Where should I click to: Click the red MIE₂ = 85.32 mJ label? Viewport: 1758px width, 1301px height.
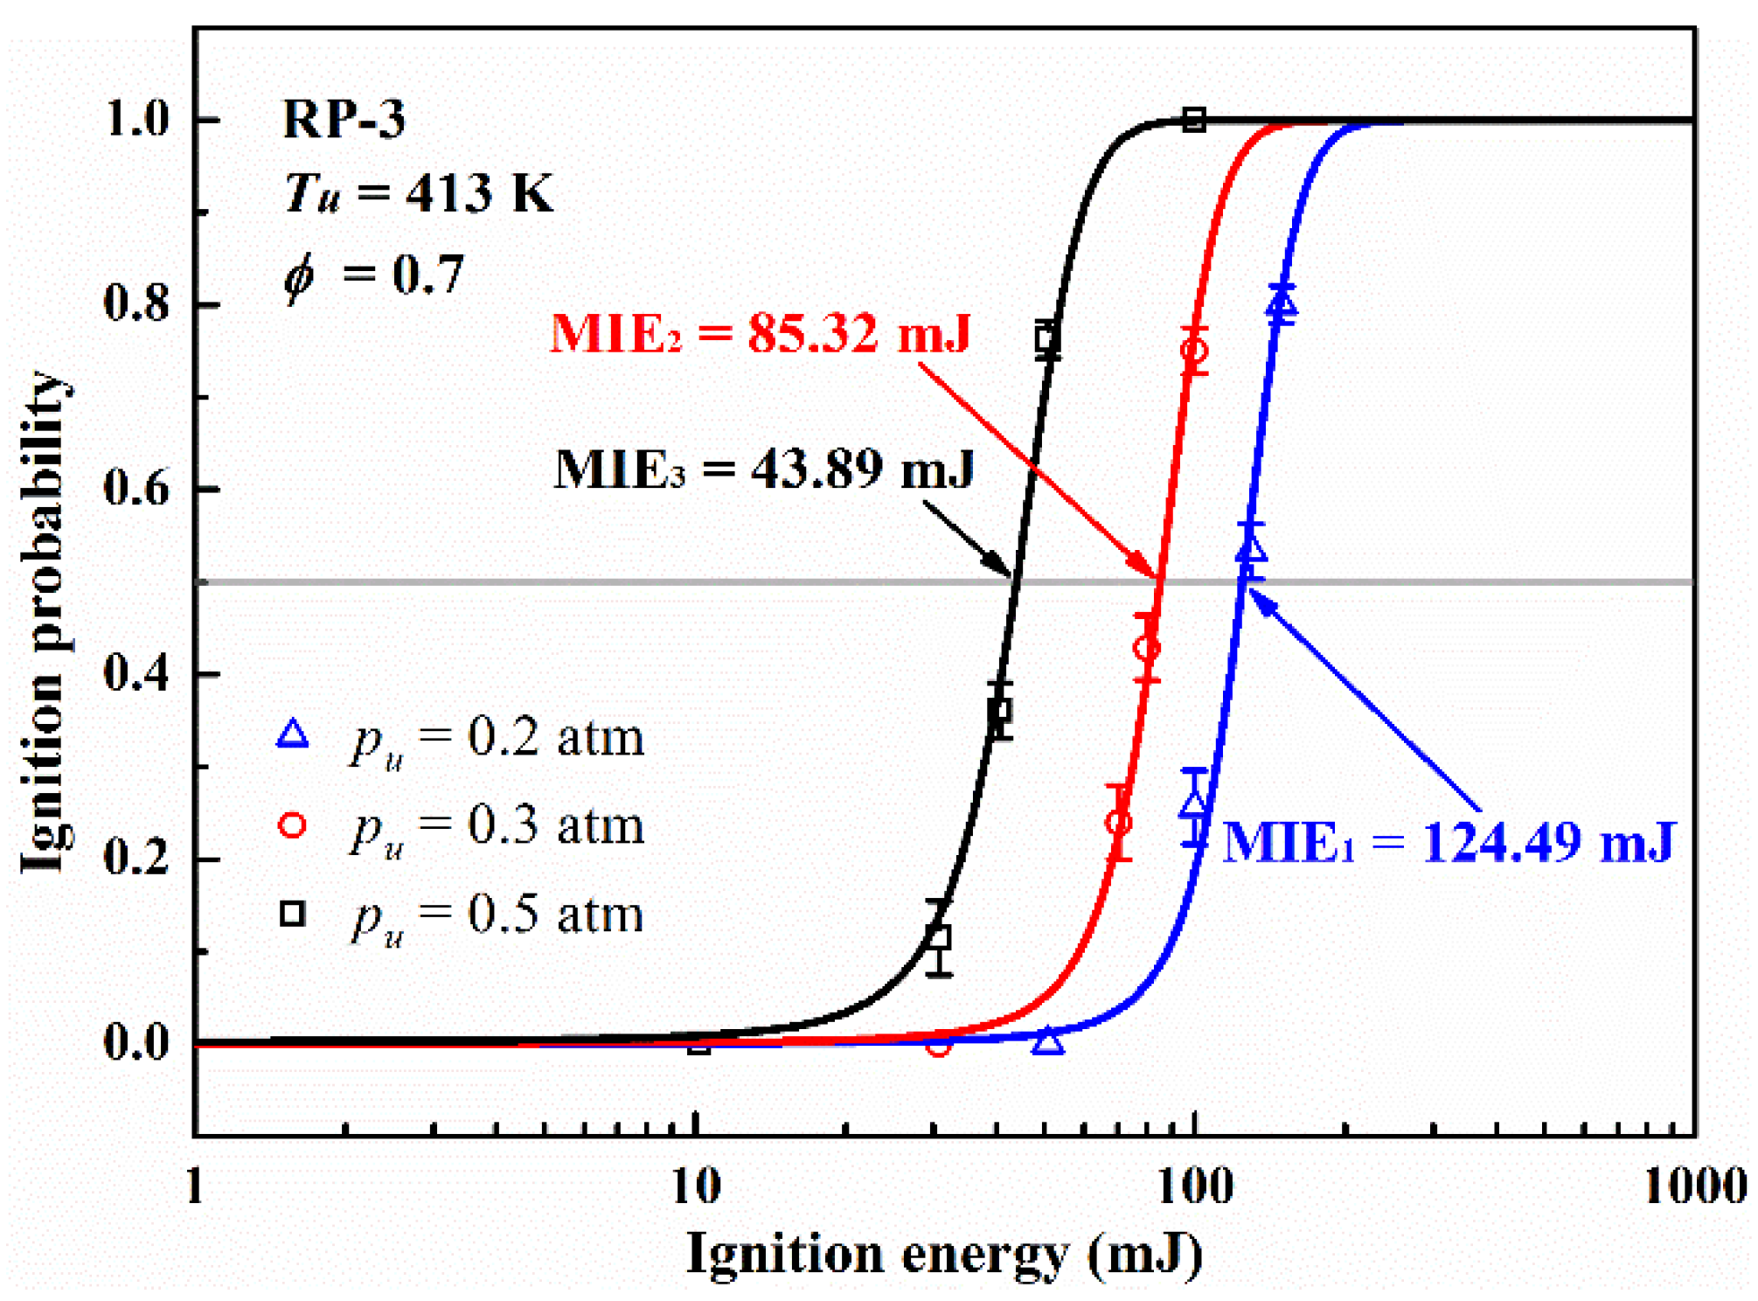coord(760,334)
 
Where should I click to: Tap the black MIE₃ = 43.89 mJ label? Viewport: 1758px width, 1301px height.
coord(764,470)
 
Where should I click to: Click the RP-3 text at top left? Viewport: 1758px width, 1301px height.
coord(344,119)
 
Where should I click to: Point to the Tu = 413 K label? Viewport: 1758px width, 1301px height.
coord(418,193)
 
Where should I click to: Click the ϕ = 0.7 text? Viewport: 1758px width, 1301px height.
coord(374,275)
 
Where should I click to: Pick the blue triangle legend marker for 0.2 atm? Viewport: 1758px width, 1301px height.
coord(292,734)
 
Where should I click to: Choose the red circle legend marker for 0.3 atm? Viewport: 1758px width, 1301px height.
coord(292,824)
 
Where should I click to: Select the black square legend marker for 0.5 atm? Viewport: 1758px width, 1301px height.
coord(292,914)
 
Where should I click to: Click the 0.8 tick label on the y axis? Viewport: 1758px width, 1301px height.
coord(135,303)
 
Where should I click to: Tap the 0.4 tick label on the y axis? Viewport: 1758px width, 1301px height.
coord(135,673)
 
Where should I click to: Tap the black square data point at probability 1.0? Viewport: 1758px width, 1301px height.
coord(1194,120)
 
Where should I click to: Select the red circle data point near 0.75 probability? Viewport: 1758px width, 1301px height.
coord(1194,351)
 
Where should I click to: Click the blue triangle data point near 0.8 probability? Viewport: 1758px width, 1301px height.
coord(1282,304)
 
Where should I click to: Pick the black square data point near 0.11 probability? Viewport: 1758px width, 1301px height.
coord(938,938)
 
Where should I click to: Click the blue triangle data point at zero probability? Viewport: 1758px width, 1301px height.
coord(1048,1041)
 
